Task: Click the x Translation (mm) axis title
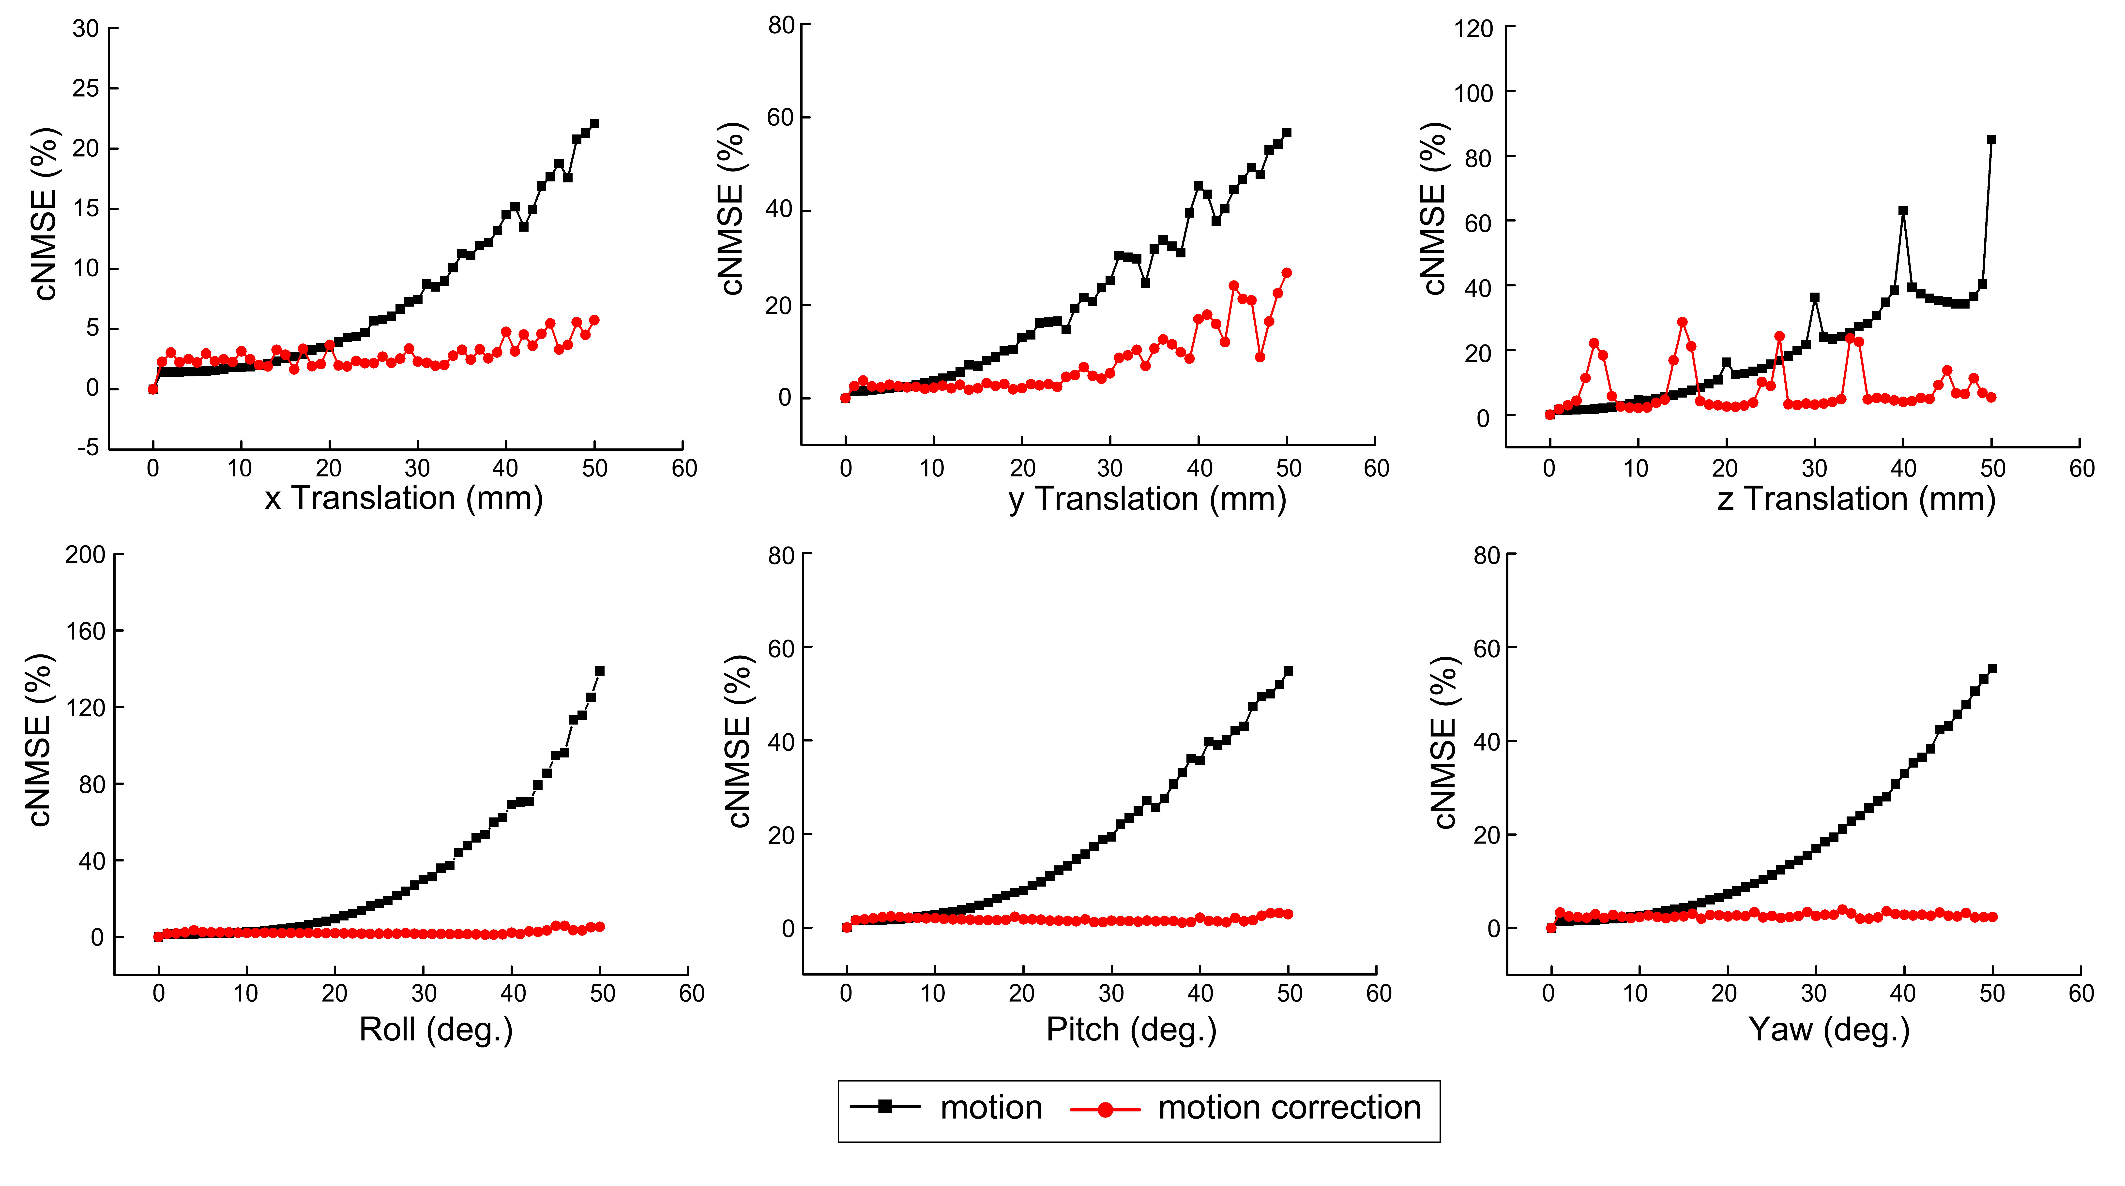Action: click(403, 498)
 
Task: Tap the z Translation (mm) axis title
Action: click(1856, 499)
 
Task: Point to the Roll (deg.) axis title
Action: click(436, 1029)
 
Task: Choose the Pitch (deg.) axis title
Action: click(1131, 1029)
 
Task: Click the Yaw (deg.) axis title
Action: click(1829, 1029)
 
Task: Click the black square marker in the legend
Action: click(885, 1107)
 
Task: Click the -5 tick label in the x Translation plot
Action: click(88, 448)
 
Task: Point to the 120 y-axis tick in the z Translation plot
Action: click(1473, 29)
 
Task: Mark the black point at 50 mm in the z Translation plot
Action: click(1991, 139)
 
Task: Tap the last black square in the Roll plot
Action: click(600, 670)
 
